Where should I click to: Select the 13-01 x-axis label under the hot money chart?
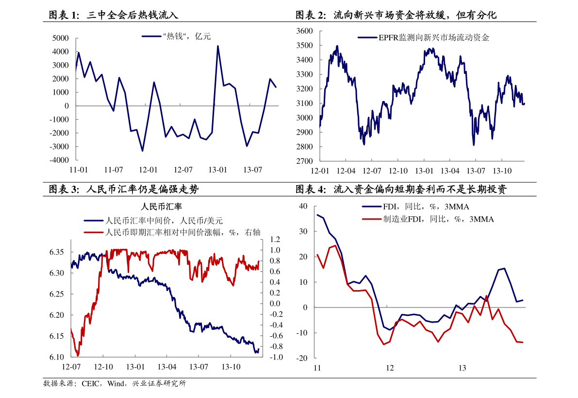click(x=217, y=170)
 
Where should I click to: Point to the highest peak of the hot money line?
click(x=217, y=46)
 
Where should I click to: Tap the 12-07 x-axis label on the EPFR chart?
click(x=372, y=171)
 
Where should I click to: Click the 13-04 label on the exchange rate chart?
click(x=166, y=367)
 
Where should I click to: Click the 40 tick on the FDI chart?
click(x=303, y=207)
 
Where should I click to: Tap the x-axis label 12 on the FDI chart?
click(x=389, y=368)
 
